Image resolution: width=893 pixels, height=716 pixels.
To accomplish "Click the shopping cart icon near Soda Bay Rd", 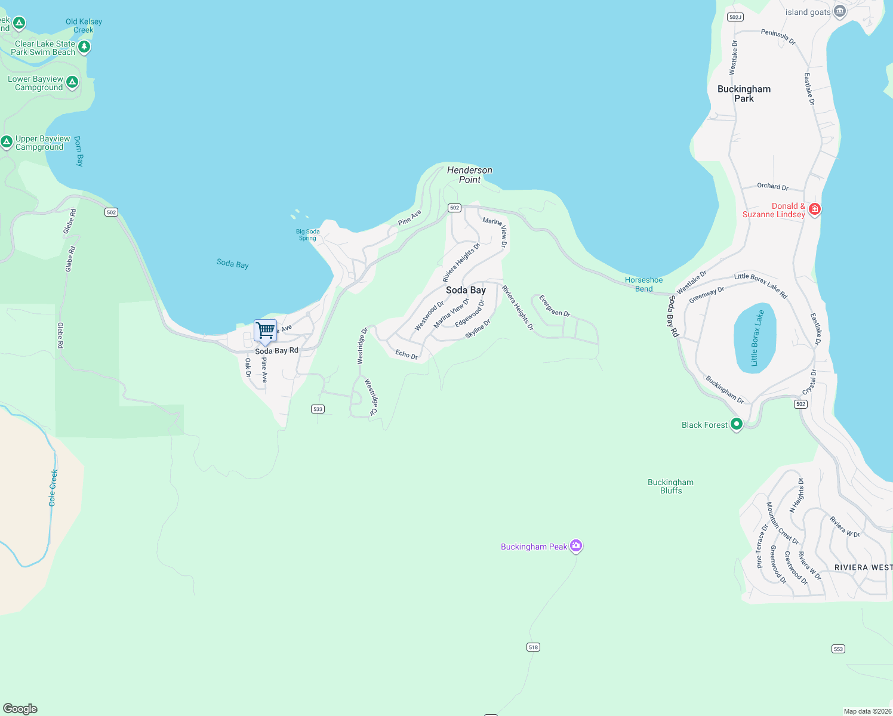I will (266, 330).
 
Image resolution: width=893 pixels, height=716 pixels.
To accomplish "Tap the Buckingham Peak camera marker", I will (575, 545).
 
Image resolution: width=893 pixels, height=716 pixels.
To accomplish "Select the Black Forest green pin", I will (737, 424).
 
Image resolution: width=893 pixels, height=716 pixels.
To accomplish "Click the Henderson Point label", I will (470, 175).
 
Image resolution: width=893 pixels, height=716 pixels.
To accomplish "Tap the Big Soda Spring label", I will (308, 234).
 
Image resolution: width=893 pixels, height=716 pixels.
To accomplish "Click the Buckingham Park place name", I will (744, 94).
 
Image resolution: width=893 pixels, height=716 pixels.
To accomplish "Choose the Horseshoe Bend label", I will (643, 284).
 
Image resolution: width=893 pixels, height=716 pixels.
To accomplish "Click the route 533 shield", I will (318, 409).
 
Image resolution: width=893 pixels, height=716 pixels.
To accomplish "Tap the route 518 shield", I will (533, 647).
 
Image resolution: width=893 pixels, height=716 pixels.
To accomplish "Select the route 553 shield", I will (838, 649).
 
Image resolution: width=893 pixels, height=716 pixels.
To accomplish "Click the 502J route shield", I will (735, 17).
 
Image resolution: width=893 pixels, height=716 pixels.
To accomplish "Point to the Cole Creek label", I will (53, 487).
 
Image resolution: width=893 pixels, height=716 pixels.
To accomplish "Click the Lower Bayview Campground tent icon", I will (72, 82).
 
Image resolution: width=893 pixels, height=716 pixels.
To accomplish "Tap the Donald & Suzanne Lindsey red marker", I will (814, 209).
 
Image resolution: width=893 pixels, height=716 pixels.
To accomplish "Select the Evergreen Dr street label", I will (555, 305).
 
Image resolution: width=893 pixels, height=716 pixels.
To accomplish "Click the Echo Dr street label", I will (407, 354).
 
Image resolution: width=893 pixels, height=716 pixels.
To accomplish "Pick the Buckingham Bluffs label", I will (671, 486).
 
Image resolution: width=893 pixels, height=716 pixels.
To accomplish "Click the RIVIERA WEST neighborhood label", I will (863, 567).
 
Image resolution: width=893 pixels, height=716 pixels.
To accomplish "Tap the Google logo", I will (20, 708).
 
